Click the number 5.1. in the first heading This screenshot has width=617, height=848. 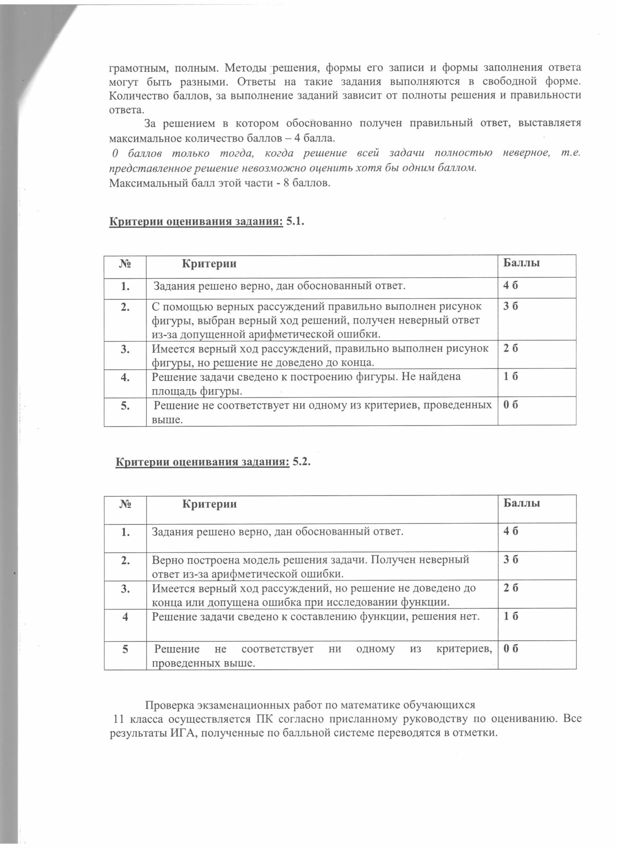[x=296, y=222]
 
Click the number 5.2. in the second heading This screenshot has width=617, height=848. [x=302, y=462]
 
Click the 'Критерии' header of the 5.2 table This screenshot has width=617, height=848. [x=210, y=504]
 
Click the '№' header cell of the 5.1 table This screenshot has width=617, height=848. [x=125, y=264]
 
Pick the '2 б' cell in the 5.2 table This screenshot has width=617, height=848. [x=511, y=588]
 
